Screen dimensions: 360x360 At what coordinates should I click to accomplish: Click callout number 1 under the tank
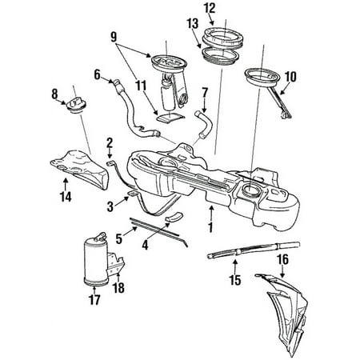coord(211,226)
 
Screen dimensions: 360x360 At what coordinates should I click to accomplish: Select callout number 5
coord(119,238)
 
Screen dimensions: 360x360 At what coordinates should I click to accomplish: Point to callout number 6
coord(97,75)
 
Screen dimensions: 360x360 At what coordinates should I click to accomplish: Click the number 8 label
coord(54,95)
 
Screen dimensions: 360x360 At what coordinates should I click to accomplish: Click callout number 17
coord(94,301)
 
